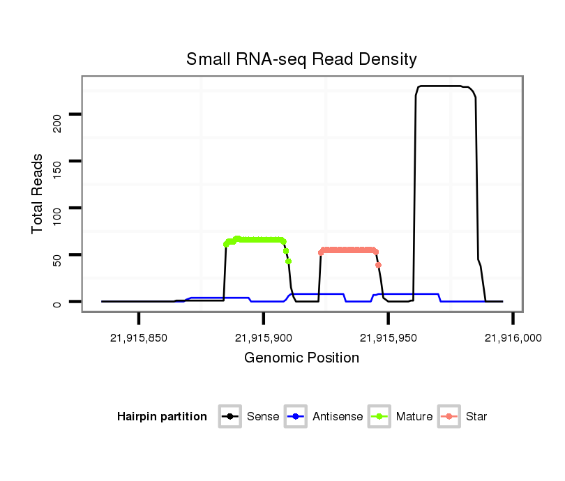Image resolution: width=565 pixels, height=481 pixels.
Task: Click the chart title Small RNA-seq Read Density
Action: tap(301, 59)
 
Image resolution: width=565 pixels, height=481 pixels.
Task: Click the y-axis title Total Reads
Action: tap(38, 194)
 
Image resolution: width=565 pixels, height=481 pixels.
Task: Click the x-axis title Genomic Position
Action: tap(301, 358)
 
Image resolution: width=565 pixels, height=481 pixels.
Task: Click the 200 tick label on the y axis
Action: tap(57, 124)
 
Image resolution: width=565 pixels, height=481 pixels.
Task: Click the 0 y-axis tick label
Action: tap(57, 303)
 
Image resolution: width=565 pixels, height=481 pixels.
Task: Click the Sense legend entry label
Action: tap(263, 417)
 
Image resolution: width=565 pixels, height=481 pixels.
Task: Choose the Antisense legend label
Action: tap(338, 417)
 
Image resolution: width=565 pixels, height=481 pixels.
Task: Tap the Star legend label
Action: tap(476, 417)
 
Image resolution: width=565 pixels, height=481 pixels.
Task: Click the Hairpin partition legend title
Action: tap(162, 417)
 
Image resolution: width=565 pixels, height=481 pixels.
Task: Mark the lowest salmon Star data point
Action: tap(378, 265)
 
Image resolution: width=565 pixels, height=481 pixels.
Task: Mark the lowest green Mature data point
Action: tap(288, 261)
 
